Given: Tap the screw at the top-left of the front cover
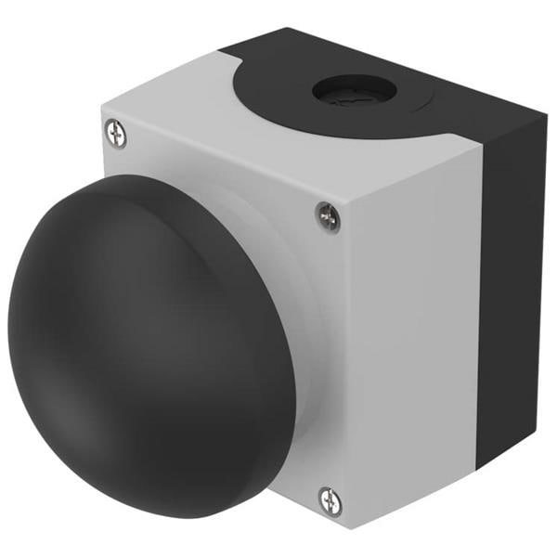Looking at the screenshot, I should [116, 134].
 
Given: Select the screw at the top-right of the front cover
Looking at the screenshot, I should [328, 216].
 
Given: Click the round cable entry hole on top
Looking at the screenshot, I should [354, 90].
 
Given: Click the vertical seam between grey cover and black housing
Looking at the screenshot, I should [480, 306].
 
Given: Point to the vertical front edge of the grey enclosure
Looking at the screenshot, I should [354, 371].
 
